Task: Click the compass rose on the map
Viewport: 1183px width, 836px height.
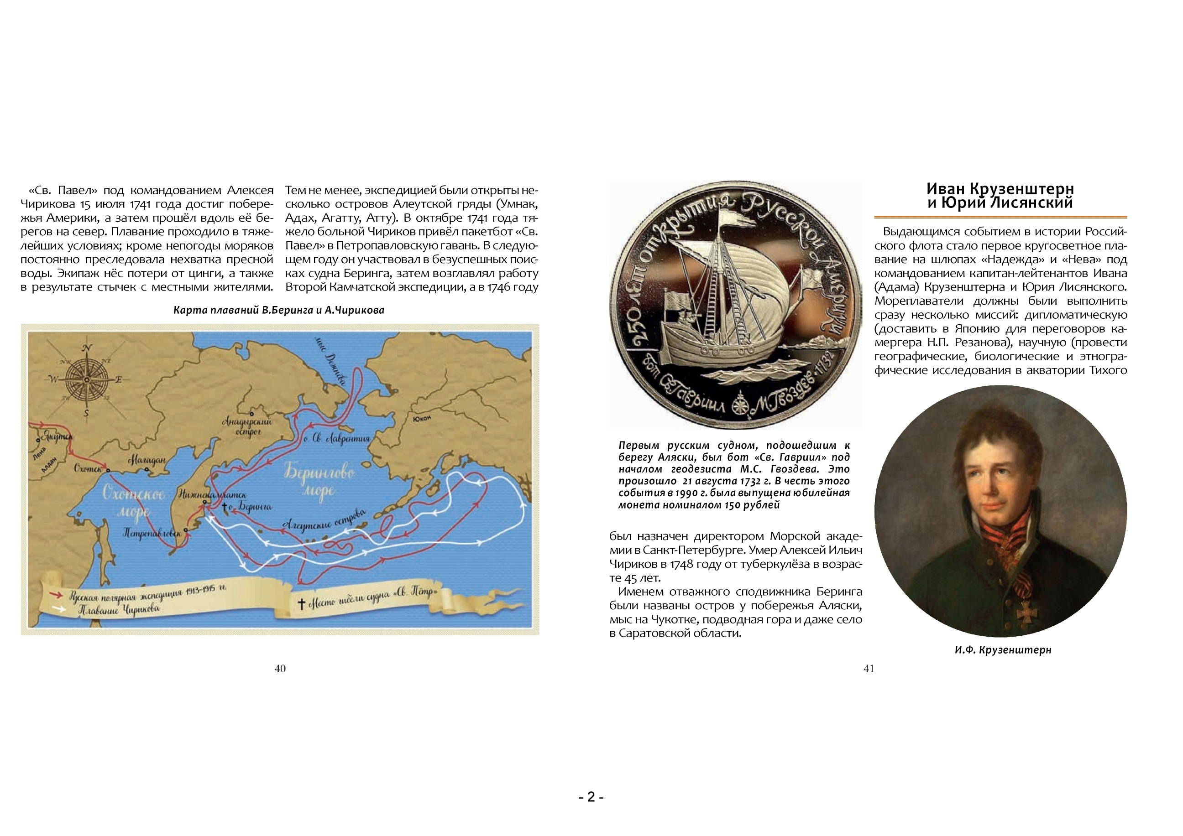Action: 87,380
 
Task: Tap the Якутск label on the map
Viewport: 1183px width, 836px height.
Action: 57,436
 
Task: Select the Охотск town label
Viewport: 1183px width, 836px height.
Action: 89,469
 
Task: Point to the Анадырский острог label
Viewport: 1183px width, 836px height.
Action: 247,426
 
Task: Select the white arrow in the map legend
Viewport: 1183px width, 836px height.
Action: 59,608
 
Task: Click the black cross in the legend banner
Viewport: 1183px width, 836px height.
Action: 301,603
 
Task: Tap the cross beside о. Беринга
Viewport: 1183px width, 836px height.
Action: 224,508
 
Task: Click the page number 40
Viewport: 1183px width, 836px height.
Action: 280,669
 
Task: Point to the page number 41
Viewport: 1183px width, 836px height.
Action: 869,669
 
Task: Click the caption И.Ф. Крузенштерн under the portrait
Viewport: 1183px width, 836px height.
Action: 1003,649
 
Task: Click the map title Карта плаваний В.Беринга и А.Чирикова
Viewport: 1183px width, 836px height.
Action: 279,310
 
